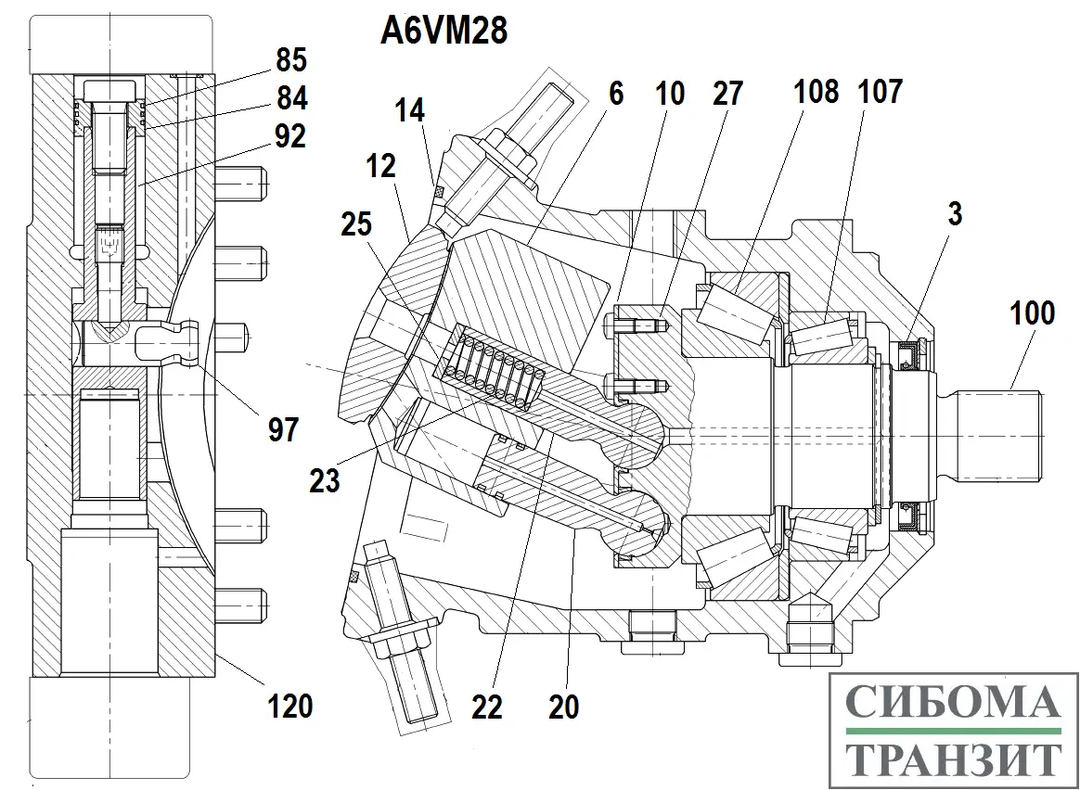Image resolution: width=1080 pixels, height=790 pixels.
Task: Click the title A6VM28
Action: [444, 32]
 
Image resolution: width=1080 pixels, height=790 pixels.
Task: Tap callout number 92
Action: [290, 136]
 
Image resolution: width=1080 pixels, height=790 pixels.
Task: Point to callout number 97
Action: [284, 429]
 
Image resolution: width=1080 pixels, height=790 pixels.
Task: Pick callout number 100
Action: [1033, 313]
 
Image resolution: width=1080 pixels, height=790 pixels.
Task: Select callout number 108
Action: [816, 92]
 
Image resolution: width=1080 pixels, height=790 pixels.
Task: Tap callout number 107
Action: [880, 92]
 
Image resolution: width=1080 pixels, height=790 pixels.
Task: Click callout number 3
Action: [955, 212]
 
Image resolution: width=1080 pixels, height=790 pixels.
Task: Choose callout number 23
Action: [325, 480]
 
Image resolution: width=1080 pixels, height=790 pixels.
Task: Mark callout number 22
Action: [486, 707]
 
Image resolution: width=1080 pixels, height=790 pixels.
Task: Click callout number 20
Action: [563, 707]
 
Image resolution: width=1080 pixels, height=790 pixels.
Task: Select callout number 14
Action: [409, 111]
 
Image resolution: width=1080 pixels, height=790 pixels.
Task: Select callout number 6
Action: [616, 93]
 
